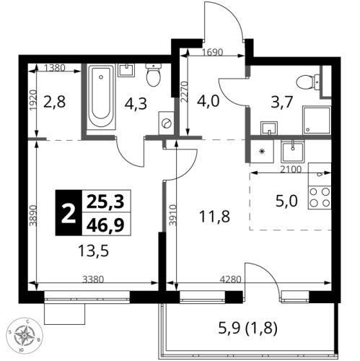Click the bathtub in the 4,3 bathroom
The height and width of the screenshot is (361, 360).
coord(100,99)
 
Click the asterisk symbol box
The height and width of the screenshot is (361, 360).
coord(260,152)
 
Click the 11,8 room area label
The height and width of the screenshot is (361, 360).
coord(215,214)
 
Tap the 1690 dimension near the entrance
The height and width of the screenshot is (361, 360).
coord(212,53)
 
